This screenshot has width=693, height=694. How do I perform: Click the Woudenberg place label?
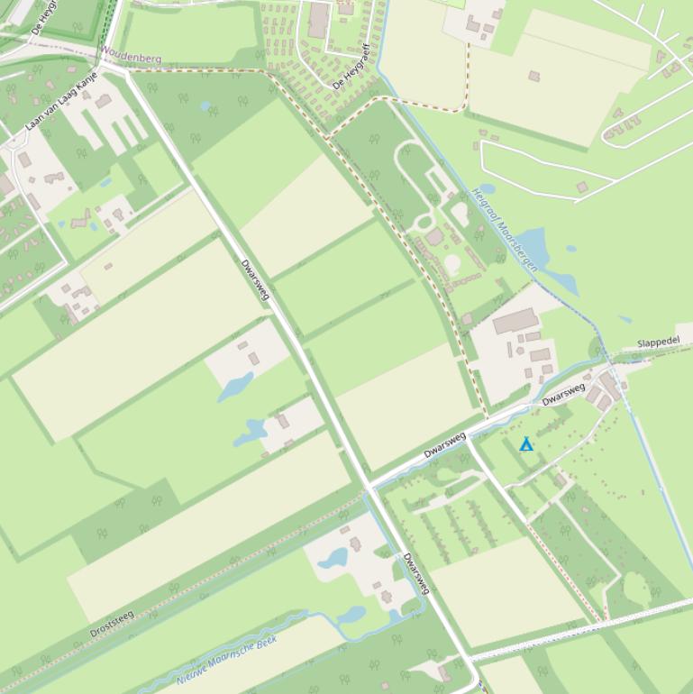coord(132,57)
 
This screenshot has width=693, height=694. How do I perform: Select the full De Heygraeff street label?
coord(351,66)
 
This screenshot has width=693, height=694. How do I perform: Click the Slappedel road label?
coord(658,342)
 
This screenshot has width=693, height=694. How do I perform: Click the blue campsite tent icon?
coord(526,444)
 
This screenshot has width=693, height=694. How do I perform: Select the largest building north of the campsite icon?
coord(515,321)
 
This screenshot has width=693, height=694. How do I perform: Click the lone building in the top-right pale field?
coord(533,77)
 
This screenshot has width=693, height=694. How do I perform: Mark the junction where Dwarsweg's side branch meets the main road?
coord(369,488)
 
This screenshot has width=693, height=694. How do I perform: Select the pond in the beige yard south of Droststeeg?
coord(333,558)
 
